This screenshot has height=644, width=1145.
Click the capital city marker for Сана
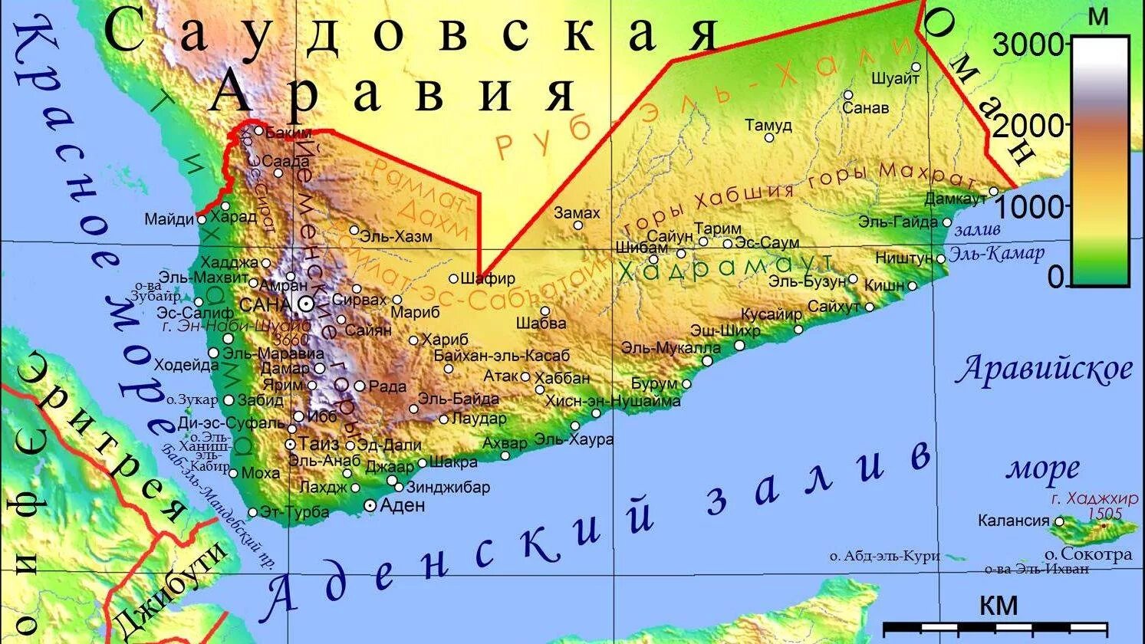click(306, 304)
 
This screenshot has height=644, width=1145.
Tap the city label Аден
click(403, 505)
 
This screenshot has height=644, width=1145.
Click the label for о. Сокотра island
click(1087, 554)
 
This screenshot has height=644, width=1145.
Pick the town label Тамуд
click(768, 125)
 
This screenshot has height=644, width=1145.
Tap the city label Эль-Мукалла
click(671, 347)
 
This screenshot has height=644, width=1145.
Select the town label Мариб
click(415, 313)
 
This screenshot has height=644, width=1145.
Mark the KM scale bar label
click(998, 606)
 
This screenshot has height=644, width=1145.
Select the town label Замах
click(577, 213)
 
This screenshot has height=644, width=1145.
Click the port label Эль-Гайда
click(897, 222)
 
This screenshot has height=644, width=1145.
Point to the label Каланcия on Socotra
click(1013, 521)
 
